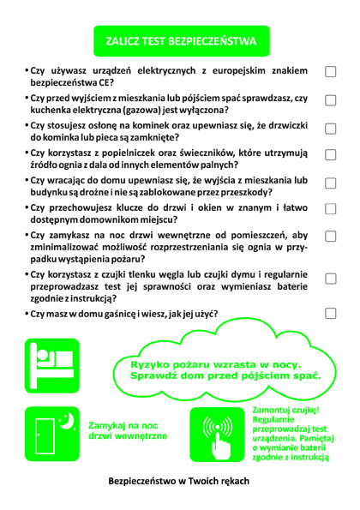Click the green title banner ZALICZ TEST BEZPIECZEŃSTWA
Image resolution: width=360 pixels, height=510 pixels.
click(x=181, y=40)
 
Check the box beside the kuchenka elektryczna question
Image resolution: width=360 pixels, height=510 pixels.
click(x=330, y=103)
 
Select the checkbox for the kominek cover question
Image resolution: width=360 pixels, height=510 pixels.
click(x=330, y=130)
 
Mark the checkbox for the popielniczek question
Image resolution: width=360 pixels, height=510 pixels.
click(x=330, y=158)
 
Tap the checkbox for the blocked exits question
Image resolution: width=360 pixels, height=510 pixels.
click(x=330, y=185)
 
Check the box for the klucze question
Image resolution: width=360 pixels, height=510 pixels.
click(x=330, y=211)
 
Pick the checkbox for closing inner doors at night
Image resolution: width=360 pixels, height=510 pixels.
click(x=330, y=239)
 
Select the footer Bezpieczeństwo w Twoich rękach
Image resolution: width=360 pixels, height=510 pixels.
click(x=181, y=481)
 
